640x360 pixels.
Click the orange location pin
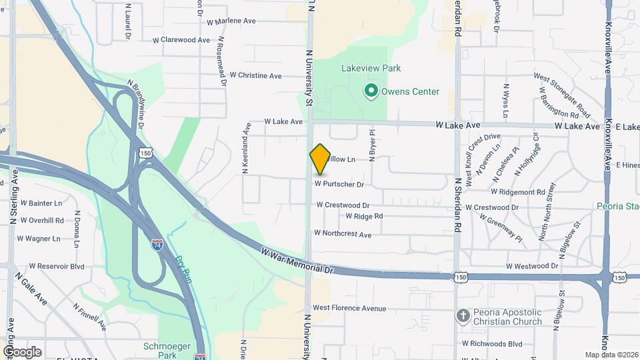click(x=320, y=159)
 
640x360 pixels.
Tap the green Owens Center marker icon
click(x=371, y=91)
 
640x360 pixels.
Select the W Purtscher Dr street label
click(x=339, y=183)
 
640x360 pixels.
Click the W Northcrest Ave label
click(x=343, y=234)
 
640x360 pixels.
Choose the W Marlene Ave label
click(x=231, y=21)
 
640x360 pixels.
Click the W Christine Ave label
click(x=255, y=75)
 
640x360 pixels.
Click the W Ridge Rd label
click(x=364, y=216)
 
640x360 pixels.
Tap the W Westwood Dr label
click(x=531, y=265)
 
